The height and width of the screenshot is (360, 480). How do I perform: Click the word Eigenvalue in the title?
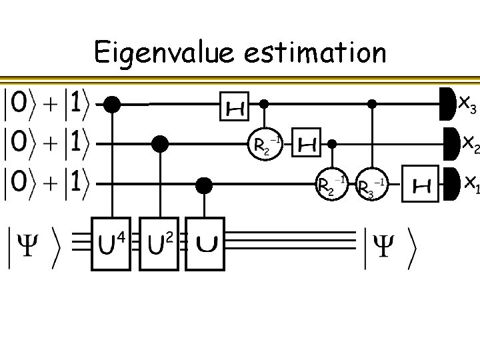coord(162,52)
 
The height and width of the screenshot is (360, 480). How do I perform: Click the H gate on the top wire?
coord(234,105)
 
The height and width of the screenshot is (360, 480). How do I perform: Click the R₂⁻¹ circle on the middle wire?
coord(265,145)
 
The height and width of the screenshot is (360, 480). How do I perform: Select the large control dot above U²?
coord(159,143)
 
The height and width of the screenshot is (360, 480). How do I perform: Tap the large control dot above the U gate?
coord(206,184)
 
